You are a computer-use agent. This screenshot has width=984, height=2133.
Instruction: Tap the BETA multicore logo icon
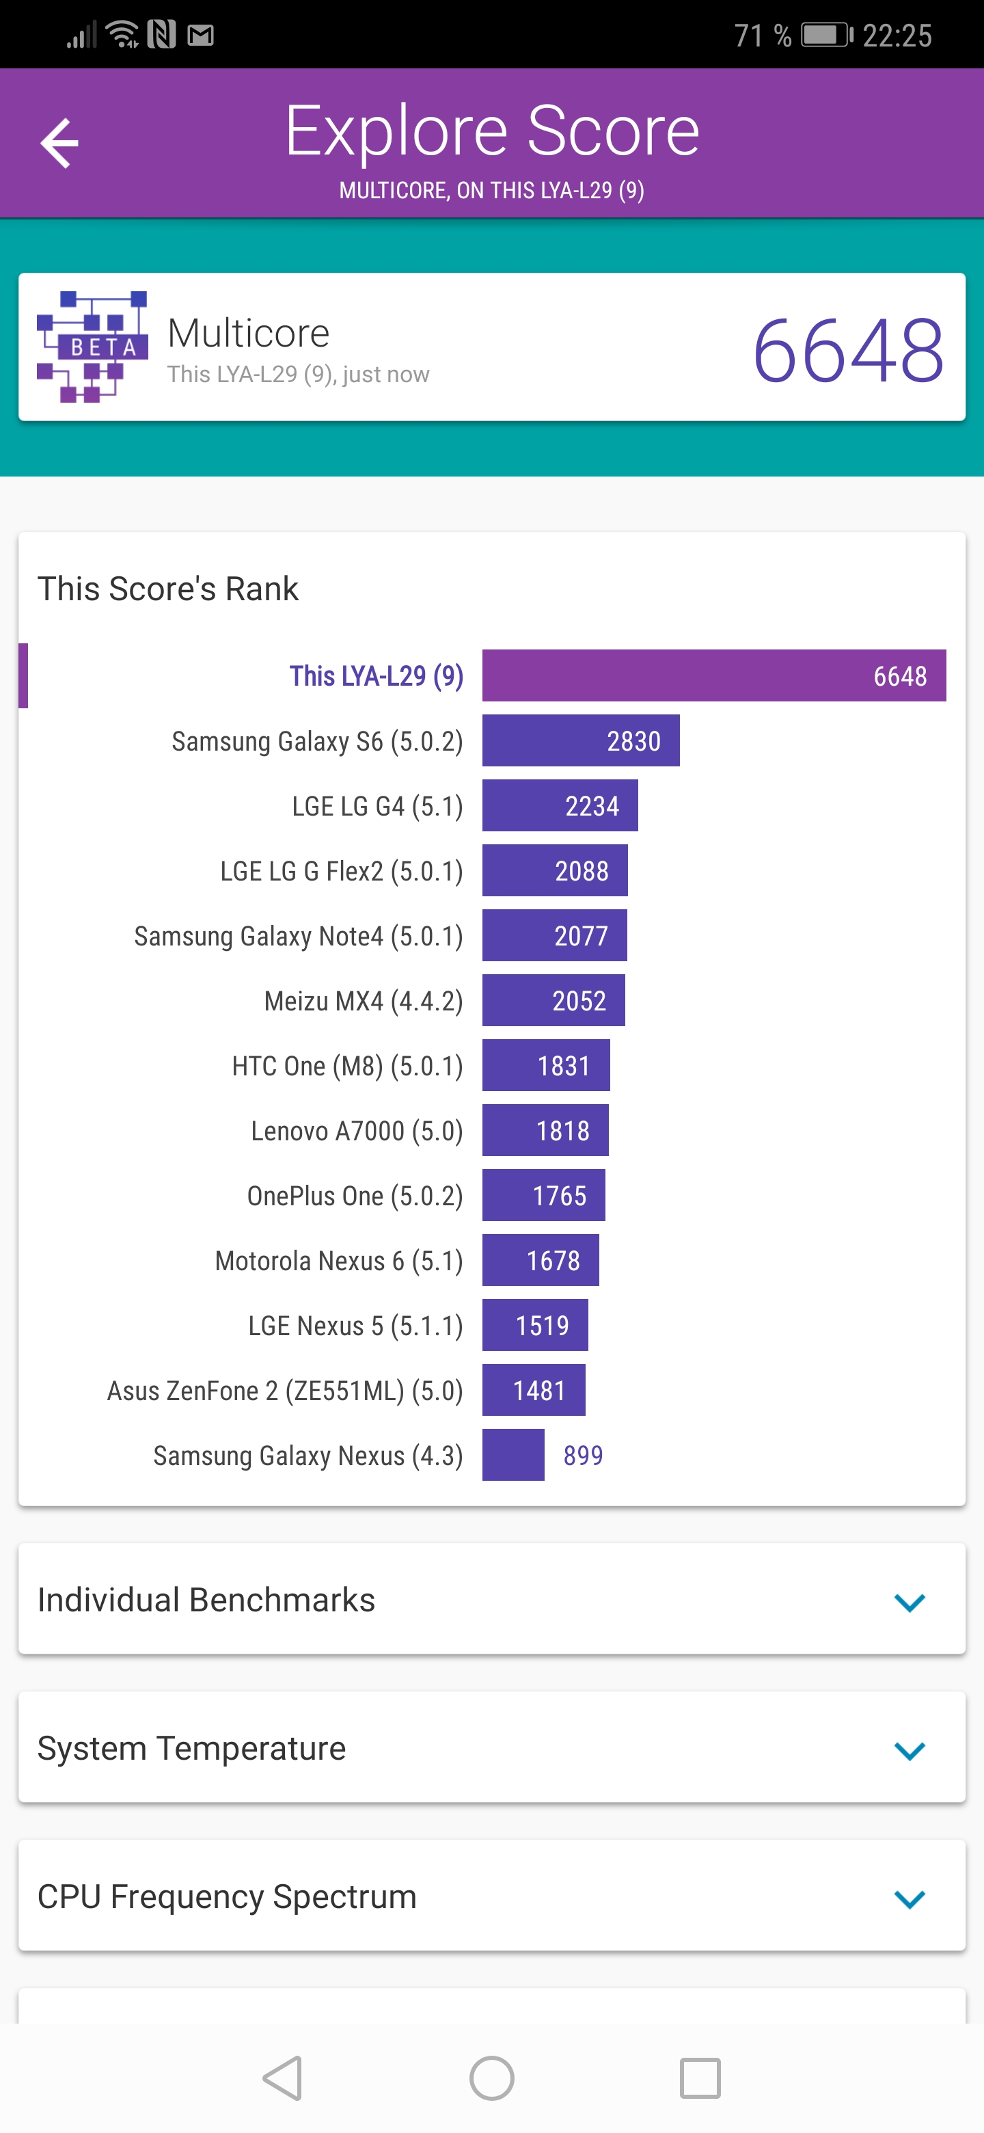coord(92,346)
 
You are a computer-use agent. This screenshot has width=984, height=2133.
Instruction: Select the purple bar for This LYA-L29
coord(713,675)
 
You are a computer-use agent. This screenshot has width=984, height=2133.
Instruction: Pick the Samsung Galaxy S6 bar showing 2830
coord(580,740)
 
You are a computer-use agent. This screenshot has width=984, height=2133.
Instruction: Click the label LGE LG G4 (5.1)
coord(377,805)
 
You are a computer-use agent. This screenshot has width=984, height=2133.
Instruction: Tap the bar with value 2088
coord(554,870)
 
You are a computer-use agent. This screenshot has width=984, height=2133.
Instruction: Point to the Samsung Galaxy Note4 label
coord(298,936)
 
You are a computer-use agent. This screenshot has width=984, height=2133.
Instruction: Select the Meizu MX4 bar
coord(553,1000)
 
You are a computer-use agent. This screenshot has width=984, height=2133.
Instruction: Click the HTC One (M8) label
coord(346,1066)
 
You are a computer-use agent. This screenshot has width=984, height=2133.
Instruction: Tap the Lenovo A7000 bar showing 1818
coord(545,1130)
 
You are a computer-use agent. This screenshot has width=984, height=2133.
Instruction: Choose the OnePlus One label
coord(355,1196)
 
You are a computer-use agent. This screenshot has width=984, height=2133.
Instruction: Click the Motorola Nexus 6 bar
coord(541,1260)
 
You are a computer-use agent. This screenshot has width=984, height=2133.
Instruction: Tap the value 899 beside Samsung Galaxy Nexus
coord(583,1455)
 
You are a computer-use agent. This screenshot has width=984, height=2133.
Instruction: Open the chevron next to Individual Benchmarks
coord(909,1602)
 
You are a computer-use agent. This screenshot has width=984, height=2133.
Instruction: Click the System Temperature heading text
coord(191,1748)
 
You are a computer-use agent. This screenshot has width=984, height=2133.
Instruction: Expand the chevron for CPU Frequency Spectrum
coord(909,1898)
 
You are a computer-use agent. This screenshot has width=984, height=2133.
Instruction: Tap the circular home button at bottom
coord(491,2078)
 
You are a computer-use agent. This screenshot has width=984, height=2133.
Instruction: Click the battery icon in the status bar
coord(826,36)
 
